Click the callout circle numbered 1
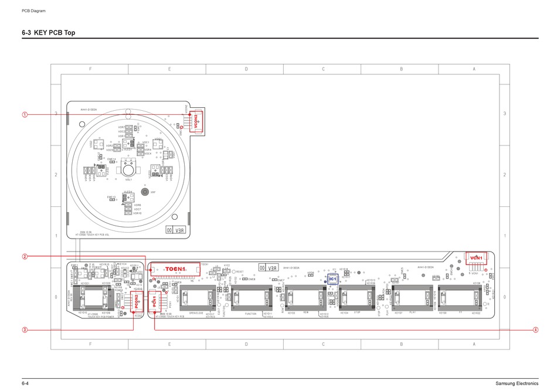pos(25,114)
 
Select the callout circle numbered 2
pos(25,256)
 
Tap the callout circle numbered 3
pos(25,329)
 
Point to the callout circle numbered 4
pos(535,329)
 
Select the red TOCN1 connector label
pos(175,269)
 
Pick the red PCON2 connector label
pos(136,301)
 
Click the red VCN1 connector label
pos(476,258)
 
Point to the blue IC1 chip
pos(332,278)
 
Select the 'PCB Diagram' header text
pos(33,11)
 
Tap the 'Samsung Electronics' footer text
pos(516,383)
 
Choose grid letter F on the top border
pos(90,69)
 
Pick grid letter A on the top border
pos(473,69)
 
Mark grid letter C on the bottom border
pos(323,344)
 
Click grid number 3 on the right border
pos(504,113)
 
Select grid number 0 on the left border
pos(56,297)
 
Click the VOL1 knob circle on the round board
pos(128,170)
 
